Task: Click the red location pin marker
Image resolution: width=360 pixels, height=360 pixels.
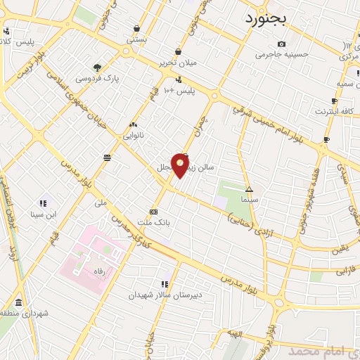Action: [x=181, y=165]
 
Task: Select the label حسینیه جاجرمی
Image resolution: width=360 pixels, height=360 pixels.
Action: [x=281, y=54]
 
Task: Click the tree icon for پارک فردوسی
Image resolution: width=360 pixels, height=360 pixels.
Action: [x=97, y=68]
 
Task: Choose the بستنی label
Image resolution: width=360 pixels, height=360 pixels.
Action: [x=136, y=40]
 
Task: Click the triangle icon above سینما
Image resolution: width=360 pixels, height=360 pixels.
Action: [x=248, y=188]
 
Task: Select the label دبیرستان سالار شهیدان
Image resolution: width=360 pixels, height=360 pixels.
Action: [x=165, y=295]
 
